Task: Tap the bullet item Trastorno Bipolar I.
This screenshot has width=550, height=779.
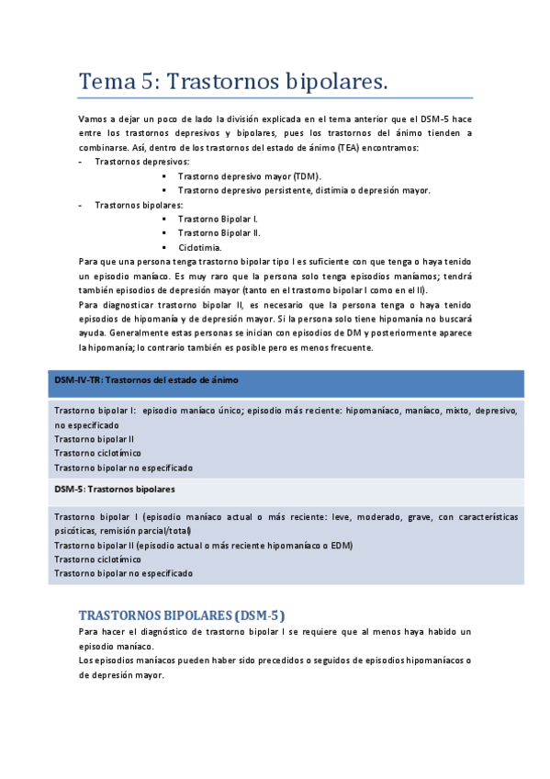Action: pyautogui.click(x=219, y=219)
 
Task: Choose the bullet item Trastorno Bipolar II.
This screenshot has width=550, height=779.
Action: pyautogui.click(x=220, y=232)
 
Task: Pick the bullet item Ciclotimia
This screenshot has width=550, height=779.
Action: pyautogui.click(x=200, y=247)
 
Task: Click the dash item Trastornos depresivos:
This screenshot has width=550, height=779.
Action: pyautogui.click(x=136, y=161)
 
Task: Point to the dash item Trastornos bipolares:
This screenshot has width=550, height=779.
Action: pyautogui.click(x=139, y=204)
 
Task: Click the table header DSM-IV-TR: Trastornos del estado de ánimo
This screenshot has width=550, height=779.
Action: pyautogui.click(x=147, y=379)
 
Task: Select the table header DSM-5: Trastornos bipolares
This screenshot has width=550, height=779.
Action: pyautogui.click(x=115, y=489)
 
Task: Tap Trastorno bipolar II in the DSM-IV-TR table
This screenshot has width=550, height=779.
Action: pyautogui.click(x=95, y=439)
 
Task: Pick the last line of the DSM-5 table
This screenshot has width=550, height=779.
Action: pyautogui.click(x=124, y=572)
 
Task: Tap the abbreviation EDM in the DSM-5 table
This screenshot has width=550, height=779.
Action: pyautogui.click(x=342, y=545)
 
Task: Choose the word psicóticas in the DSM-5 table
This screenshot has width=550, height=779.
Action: pyautogui.click(x=79, y=530)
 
